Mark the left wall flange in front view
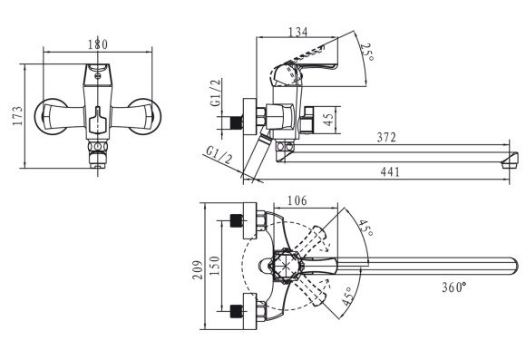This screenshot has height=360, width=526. click(x=50, y=116)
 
